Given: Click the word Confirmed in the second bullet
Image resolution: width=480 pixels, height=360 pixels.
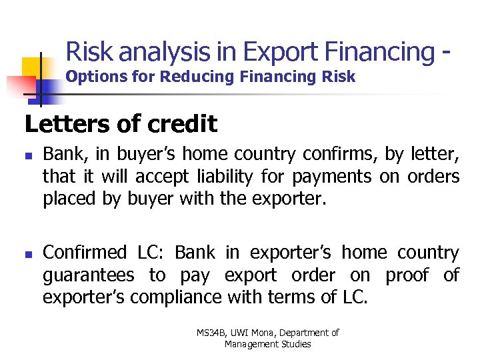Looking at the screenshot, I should pos(85,253).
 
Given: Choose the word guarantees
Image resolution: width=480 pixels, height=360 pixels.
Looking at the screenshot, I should pos(89,275).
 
